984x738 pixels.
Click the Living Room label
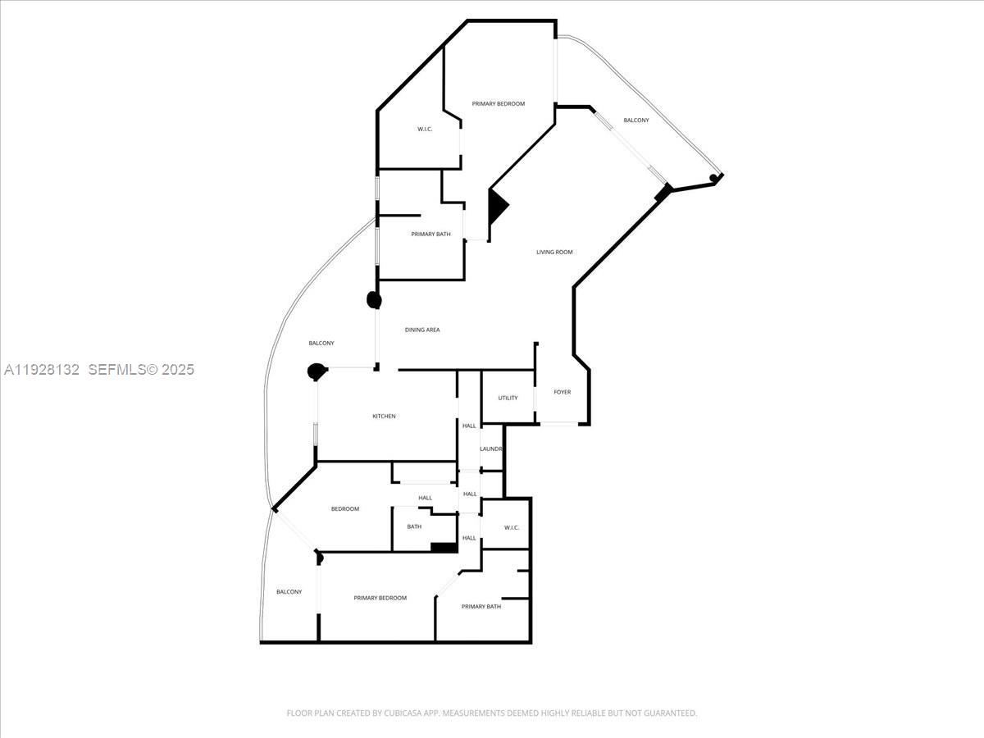point(554,252)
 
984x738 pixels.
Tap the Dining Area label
point(422,330)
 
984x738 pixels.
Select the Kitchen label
point(384,416)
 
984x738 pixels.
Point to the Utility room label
point(508,398)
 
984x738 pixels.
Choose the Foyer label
point(562,392)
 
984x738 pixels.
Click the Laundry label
point(490,449)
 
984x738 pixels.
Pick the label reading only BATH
point(414,526)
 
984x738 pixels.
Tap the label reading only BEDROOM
point(345,508)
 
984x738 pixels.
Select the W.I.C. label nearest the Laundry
point(512,527)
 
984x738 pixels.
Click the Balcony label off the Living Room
point(635,121)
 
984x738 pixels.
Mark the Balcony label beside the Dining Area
point(321,343)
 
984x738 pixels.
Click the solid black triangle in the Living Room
point(496,206)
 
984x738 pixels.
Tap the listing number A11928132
point(42,370)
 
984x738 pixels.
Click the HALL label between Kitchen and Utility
point(469,426)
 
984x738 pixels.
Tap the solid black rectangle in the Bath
point(443,548)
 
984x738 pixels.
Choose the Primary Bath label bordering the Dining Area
point(430,235)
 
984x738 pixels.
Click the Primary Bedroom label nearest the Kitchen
point(380,598)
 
